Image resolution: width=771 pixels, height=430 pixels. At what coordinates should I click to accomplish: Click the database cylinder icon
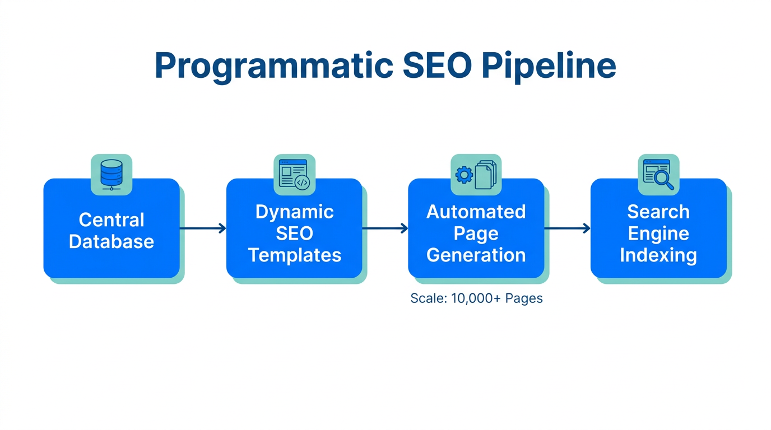(x=111, y=174)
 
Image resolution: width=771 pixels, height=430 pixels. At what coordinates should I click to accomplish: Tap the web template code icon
(x=294, y=174)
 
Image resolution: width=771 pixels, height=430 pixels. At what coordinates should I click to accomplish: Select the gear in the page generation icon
(x=464, y=175)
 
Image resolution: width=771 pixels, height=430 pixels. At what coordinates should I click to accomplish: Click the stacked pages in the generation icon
(x=486, y=175)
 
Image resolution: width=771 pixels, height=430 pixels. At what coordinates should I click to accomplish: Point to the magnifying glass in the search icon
(x=665, y=181)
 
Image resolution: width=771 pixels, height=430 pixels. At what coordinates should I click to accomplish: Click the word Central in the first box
(x=112, y=220)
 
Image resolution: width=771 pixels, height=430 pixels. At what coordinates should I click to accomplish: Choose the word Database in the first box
(x=112, y=242)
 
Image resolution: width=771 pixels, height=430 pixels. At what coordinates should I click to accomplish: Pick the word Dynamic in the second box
(x=294, y=212)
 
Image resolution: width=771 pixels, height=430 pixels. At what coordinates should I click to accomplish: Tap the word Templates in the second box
(x=294, y=255)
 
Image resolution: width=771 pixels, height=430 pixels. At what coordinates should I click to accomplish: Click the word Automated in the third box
(x=476, y=212)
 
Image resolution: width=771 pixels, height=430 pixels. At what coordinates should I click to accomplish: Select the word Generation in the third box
(x=476, y=255)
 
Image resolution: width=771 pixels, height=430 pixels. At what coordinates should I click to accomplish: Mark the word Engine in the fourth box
(x=658, y=233)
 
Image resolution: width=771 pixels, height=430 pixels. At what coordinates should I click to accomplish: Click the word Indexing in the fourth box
(x=658, y=255)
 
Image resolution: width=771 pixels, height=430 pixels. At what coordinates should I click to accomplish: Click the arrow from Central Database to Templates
(x=203, y=228)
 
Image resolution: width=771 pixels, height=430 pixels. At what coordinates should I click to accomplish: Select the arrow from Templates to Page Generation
(x=385, y=228)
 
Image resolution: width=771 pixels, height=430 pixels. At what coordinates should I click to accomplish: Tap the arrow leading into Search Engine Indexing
(x=567, y=228)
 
